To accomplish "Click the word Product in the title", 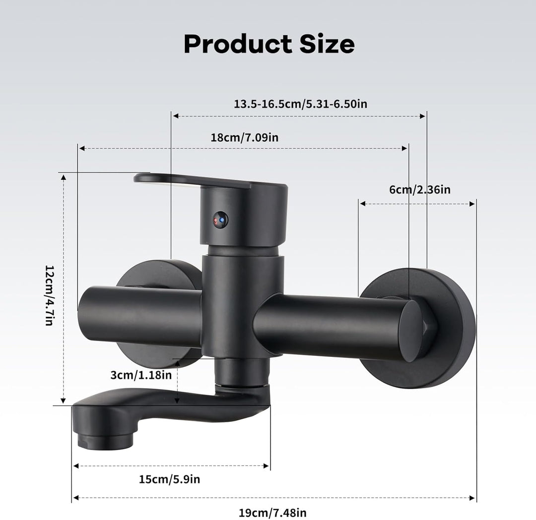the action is [x=238, y=45].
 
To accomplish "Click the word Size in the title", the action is [x=327, y=44].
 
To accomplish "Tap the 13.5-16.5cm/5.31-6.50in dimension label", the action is [x=300, y=104].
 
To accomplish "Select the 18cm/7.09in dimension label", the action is [x=244, y=138].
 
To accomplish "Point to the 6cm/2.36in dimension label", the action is [x=420, y=189].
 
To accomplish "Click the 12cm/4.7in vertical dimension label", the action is [x=50, y=295].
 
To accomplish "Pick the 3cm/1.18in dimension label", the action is [x=141, y=375].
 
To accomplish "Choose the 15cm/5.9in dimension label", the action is [x=169, y=479].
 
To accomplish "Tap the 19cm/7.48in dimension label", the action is [x=272, y=513].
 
